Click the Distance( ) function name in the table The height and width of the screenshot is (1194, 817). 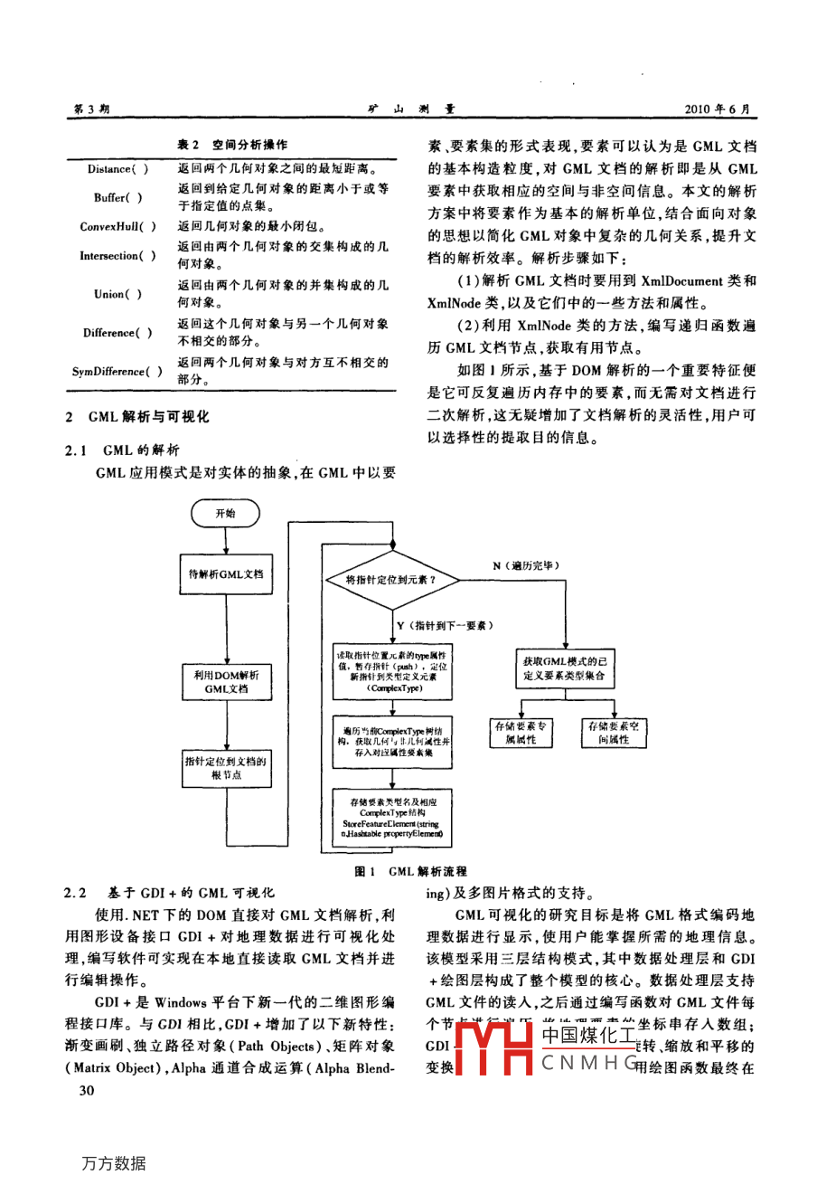(x=117, y=169)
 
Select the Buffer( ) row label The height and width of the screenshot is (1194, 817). (x=117, y=198)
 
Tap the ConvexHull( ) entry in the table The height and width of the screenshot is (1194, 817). (x=117, y=227)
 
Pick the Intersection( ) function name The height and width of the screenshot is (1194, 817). (x=117, y=256)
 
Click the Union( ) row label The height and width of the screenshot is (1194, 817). (x=117, y=294)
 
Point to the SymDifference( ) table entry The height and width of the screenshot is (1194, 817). (x=117, y=371)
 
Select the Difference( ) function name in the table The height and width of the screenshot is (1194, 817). (x=117, y=333)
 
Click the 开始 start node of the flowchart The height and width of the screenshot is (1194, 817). (x=225, y=513)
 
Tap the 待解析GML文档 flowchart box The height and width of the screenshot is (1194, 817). (x=225, y=574)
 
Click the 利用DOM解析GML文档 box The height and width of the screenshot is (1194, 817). (x=225, y=682)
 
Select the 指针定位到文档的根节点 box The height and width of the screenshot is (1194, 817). (x=225, y=768)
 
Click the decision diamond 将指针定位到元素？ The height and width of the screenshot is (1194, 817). (x=390, y=580)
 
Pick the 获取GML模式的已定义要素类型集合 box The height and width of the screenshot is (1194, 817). (x=564, y=668)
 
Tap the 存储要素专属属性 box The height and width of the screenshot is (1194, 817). (x=520, y=733)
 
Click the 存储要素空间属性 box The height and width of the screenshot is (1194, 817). (x=613, y=733)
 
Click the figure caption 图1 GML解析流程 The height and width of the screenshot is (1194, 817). (x=410, y=871)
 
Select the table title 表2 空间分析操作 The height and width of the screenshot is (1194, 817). (x=231, y=145)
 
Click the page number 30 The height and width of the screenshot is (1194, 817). (x=87, y=1090)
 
